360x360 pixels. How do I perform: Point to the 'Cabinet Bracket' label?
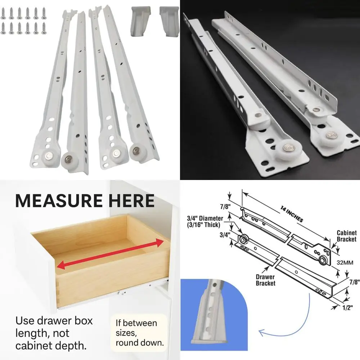click(x=346, y=236)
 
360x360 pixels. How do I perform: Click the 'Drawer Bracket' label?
click(x=266, y=280)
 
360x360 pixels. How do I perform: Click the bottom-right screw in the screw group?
click(x=44, y=28)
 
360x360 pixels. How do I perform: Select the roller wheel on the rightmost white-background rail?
click(x=138, y=149)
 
